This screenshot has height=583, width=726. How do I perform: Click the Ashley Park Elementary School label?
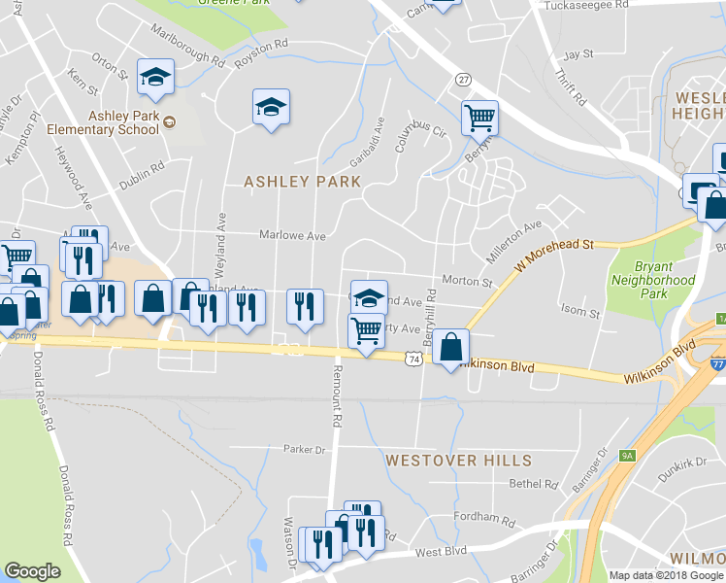123,121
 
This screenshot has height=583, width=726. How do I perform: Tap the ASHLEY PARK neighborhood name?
302,182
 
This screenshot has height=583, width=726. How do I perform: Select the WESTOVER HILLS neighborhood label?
458,460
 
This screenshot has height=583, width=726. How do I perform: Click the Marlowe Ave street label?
291,235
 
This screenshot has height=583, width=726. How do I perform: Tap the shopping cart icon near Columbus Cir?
479,118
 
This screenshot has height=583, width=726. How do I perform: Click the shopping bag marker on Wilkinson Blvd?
451,347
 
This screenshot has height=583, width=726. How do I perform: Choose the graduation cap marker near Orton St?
154,77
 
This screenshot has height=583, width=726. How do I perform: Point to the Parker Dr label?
304,450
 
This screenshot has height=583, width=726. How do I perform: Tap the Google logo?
33,570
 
